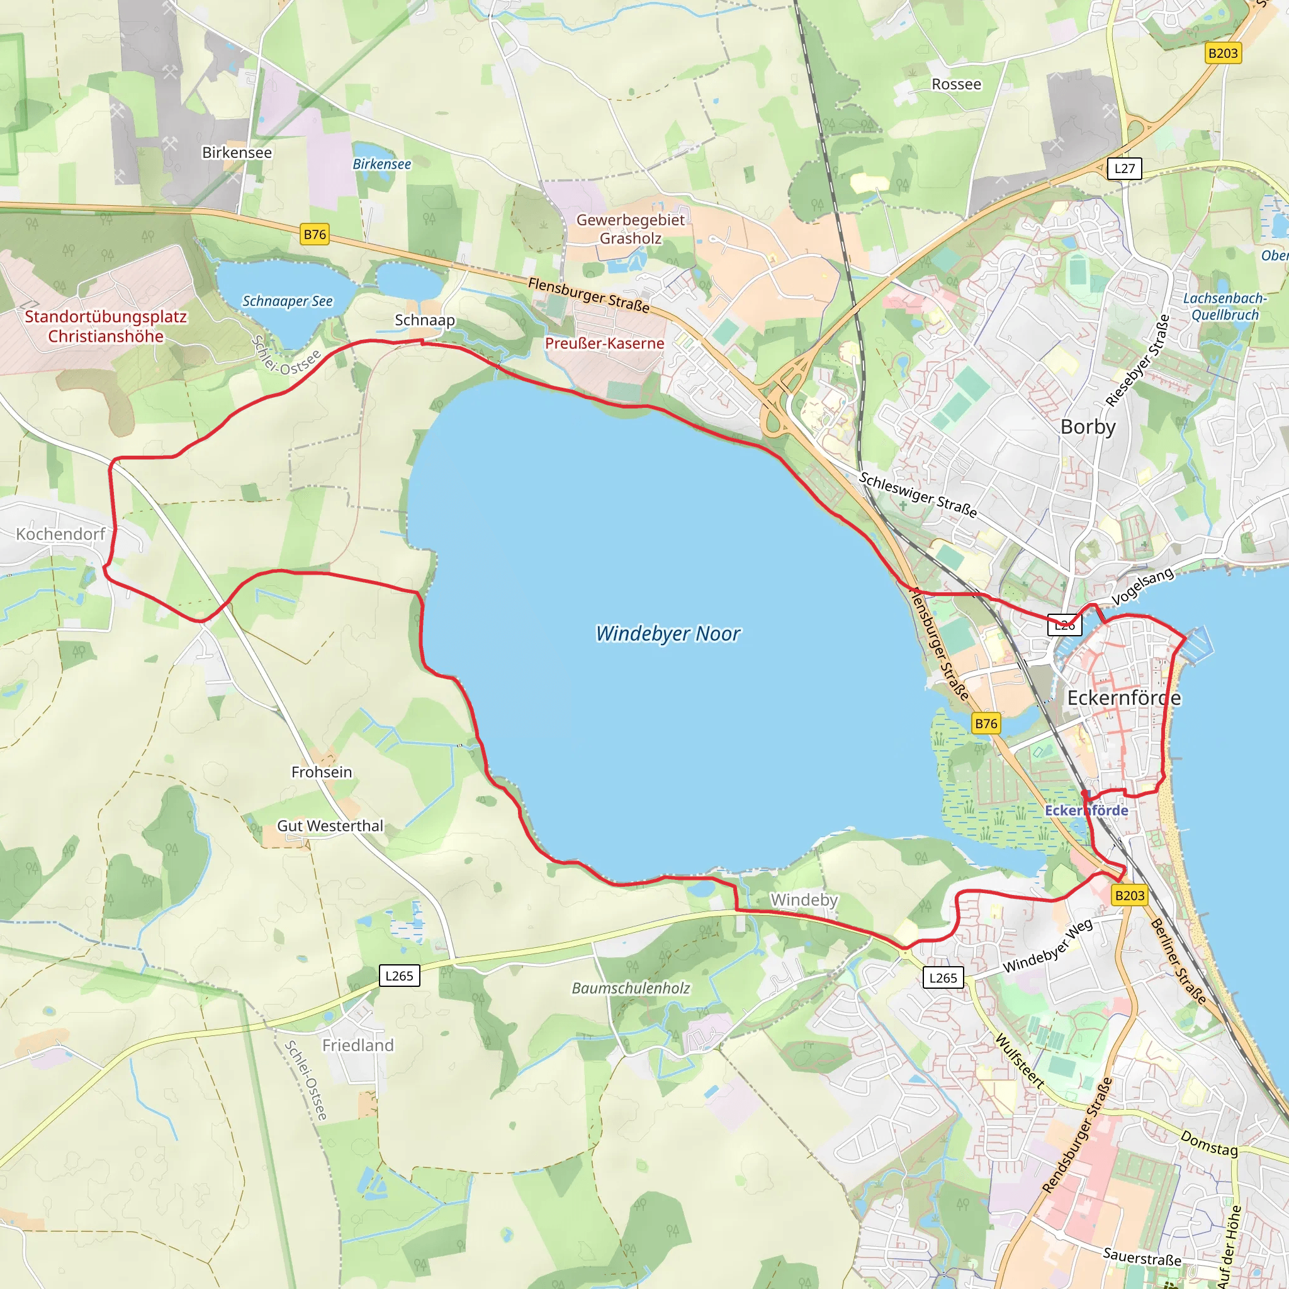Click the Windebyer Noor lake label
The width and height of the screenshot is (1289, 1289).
coord(668,633)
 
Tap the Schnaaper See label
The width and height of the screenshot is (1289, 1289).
coord(287,301)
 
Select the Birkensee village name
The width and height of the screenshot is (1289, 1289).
coord(237,153)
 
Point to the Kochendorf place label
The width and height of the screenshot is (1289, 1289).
coord(60,534)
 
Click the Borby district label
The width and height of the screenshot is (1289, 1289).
coord(1088,426)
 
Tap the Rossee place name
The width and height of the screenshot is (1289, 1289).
coord(956,84)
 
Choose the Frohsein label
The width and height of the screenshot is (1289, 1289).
coord(322,772)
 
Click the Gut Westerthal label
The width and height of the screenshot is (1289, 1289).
coord(330,826)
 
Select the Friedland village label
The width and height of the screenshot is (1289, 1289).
coord(357,1045)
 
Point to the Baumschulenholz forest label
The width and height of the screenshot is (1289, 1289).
coord(631,988)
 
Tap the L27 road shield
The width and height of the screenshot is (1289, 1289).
coord(1124,168)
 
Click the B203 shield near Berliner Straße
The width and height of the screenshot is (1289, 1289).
coord(1130,896)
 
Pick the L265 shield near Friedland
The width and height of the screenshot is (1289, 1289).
coord(399,976)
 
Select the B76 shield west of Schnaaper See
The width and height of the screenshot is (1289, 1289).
coord(315,234)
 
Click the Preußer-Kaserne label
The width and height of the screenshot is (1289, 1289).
coord(604,343)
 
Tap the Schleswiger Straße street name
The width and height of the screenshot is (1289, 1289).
coord(918,495)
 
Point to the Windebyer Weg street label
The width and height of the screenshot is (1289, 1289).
coord(1047,946)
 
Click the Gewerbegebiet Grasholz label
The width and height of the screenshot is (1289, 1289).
coord(631,229)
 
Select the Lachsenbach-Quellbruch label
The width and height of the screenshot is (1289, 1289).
coord(1224,307)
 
